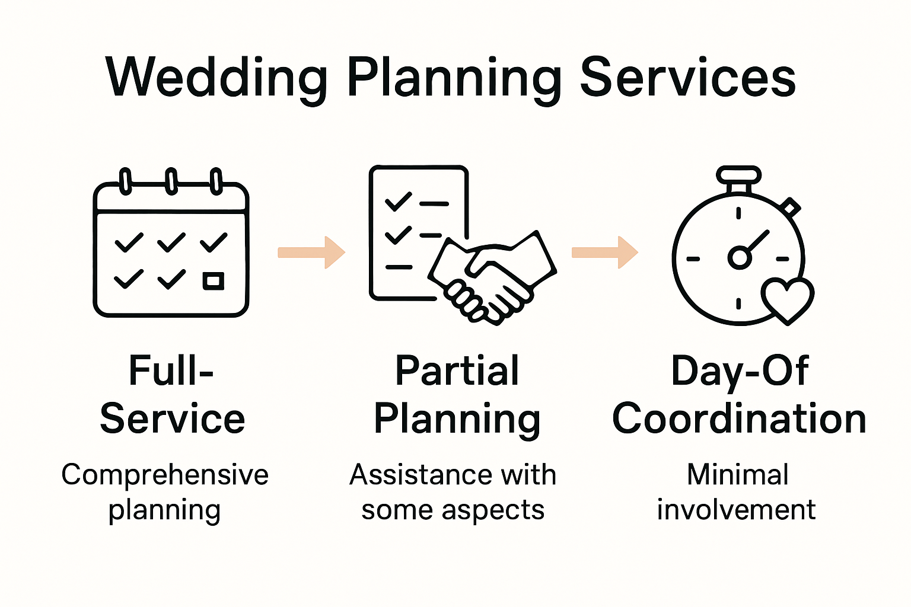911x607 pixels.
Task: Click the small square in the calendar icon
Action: point(214,280)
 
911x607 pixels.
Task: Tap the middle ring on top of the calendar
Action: point(171,181)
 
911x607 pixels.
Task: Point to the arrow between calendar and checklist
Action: point(311,253)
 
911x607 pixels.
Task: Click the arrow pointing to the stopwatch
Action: point(604,253)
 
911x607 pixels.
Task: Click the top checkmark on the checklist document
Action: point(398,202)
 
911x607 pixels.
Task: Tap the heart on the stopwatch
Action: point(787,300)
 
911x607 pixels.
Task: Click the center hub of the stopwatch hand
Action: point(739,257)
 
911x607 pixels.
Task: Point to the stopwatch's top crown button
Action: point(738,175)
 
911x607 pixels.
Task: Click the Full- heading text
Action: point(171,371)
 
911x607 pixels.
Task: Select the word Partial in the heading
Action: point(457,371)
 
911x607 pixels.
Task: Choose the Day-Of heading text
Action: point(739,371)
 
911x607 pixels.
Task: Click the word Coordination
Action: point(739,418)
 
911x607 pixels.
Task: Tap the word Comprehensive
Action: point(165,475)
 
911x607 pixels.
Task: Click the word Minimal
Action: point(737,475)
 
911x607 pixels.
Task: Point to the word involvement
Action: point(736,510)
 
